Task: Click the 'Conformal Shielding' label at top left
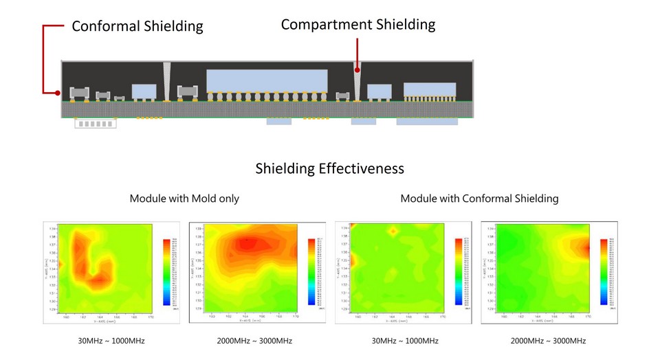(137, 27)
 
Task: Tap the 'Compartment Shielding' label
(358, 25)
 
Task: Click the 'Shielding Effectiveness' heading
(329, 168)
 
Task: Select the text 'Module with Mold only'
(184, 199)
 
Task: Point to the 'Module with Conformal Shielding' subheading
(479, 199)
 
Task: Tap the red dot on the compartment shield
(357, 69)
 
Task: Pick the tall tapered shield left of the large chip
(167, 81)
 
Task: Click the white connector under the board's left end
(95, 124)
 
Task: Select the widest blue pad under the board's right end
(427, 122)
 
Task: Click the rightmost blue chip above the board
(429, 89)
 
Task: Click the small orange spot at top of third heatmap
(393, 232)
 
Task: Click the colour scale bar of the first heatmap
(166, 271)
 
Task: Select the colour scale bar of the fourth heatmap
(604, 271)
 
